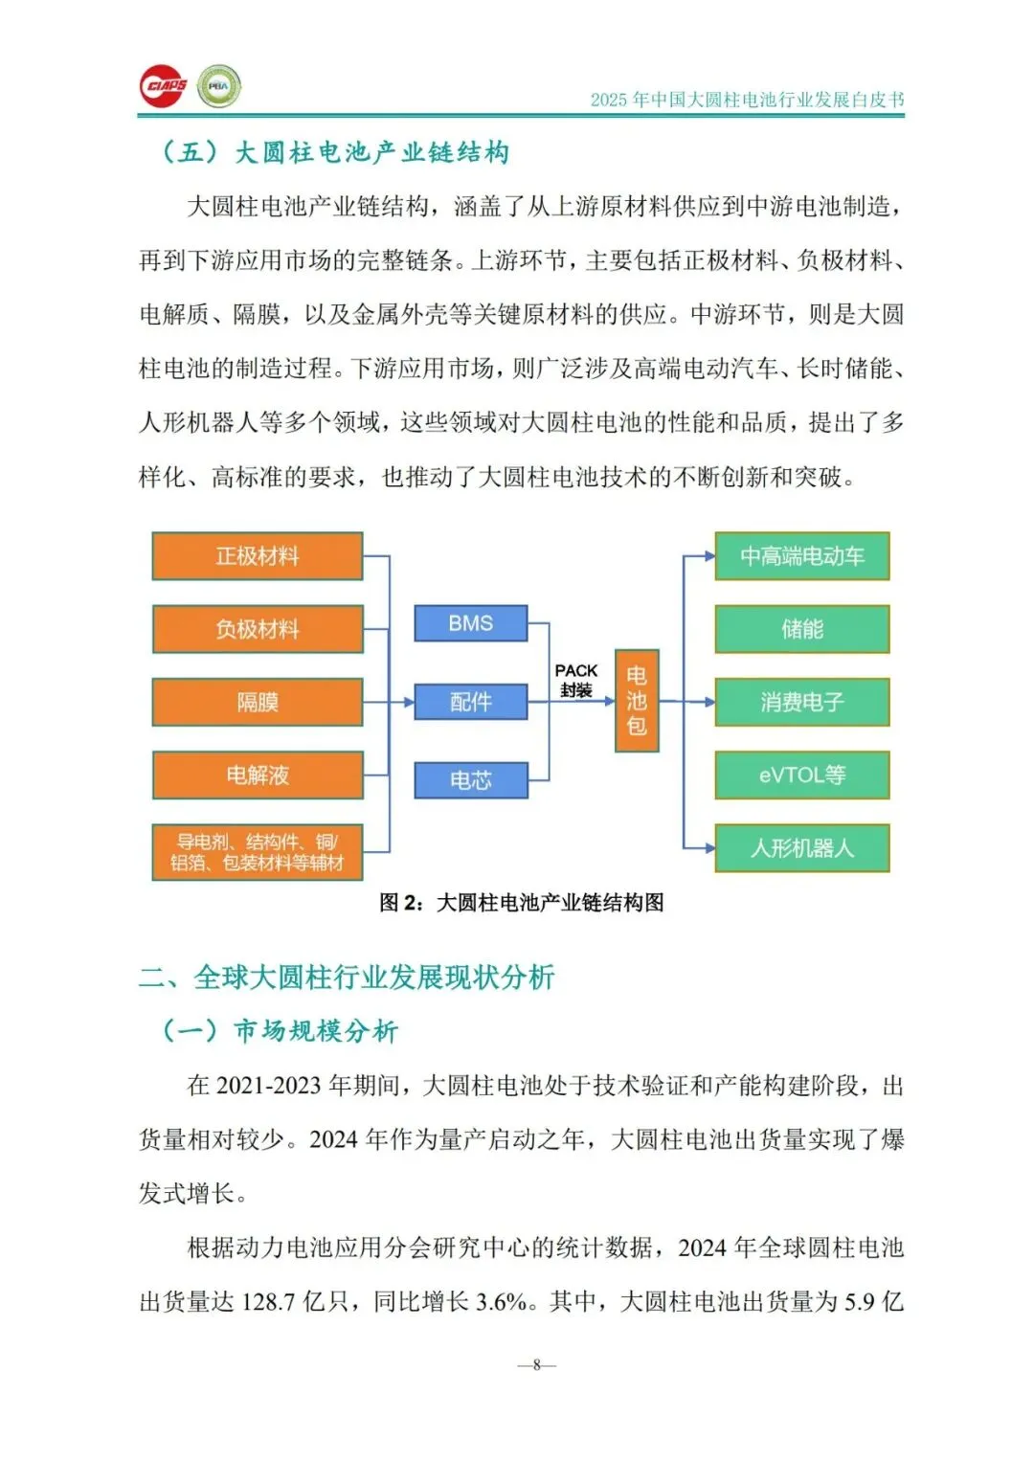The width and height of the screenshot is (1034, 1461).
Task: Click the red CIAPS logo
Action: (x=163, y=86)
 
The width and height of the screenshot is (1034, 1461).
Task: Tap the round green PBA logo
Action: (x=219, y=86)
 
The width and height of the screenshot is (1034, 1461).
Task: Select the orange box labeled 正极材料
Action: (x=258, y=556)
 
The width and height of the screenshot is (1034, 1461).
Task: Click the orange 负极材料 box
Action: (x=258, y=629)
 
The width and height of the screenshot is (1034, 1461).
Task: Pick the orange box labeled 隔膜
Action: (x=258, y=702)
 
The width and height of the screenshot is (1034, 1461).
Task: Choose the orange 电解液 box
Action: (x=258, y=775)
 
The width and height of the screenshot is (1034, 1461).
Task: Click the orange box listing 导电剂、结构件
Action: (x=258, y=852)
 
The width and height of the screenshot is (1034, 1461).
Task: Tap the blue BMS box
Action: (x=470, y=623)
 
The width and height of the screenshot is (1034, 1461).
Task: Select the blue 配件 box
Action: (x=470, y=702)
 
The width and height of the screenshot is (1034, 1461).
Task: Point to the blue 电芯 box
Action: (x=470, y=780)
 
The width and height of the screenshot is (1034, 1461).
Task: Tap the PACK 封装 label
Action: (x=576, y=680)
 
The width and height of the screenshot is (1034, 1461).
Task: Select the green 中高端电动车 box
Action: (x=802, y=556)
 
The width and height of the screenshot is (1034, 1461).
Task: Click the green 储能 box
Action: (x=802, y=629)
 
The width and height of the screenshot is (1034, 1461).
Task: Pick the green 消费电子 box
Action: (x=802, y=702)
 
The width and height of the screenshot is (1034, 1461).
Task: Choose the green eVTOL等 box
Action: (x=802, y=775)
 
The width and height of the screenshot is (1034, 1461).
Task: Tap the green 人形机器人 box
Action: (x=802, y=848)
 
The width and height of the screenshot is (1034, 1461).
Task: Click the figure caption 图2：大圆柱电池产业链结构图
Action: (x=522, y=903)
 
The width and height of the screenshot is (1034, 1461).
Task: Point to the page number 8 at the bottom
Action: (x=537, y=1364)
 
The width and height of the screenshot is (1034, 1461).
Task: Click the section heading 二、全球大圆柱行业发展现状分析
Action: (x=347, y=978)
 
